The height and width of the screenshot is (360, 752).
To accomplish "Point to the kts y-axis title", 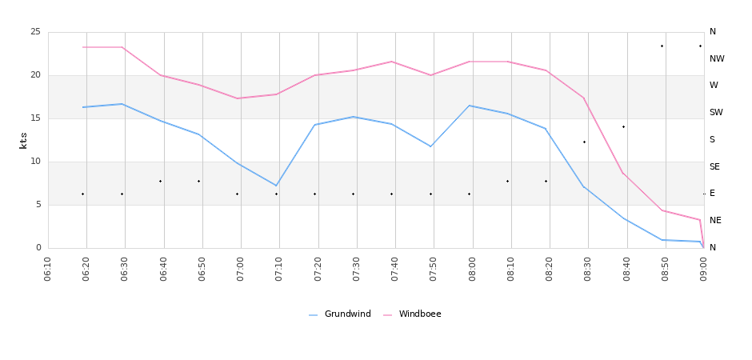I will click(x=23, y=140).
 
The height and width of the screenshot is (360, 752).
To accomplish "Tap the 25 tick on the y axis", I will click(x=35, y=32).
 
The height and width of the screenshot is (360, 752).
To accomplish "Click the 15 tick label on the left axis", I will click(x=35, y=118).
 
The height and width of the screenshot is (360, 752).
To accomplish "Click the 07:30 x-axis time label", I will click(x=356, y=268).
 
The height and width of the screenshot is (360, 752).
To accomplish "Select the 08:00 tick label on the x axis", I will click(x=472, y=268).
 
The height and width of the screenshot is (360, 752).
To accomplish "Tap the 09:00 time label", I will click(x=703, y=268).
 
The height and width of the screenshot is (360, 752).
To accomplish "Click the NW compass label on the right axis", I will click(x=717, y=59).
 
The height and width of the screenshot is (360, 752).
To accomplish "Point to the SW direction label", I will click(x=716, y=113).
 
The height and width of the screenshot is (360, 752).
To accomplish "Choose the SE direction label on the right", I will click(x=714, y=167).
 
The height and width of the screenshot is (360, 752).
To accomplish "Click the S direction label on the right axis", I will click(x=712, y=140).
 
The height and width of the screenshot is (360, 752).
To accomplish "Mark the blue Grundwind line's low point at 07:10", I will click(x=276, y=186).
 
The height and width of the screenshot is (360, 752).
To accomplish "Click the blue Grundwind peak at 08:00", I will click(x=470, y=106).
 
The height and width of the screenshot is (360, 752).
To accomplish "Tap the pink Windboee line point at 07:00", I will click(x=238, y=98).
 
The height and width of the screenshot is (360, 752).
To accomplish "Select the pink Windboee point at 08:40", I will click(x=623, y=174).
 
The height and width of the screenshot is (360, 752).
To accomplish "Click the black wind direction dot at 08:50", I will click(x=662, y=46).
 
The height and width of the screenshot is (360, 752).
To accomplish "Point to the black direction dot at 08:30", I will click(x=584, y=142).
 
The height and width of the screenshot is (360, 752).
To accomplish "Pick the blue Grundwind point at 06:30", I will click(x=122, y=104).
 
